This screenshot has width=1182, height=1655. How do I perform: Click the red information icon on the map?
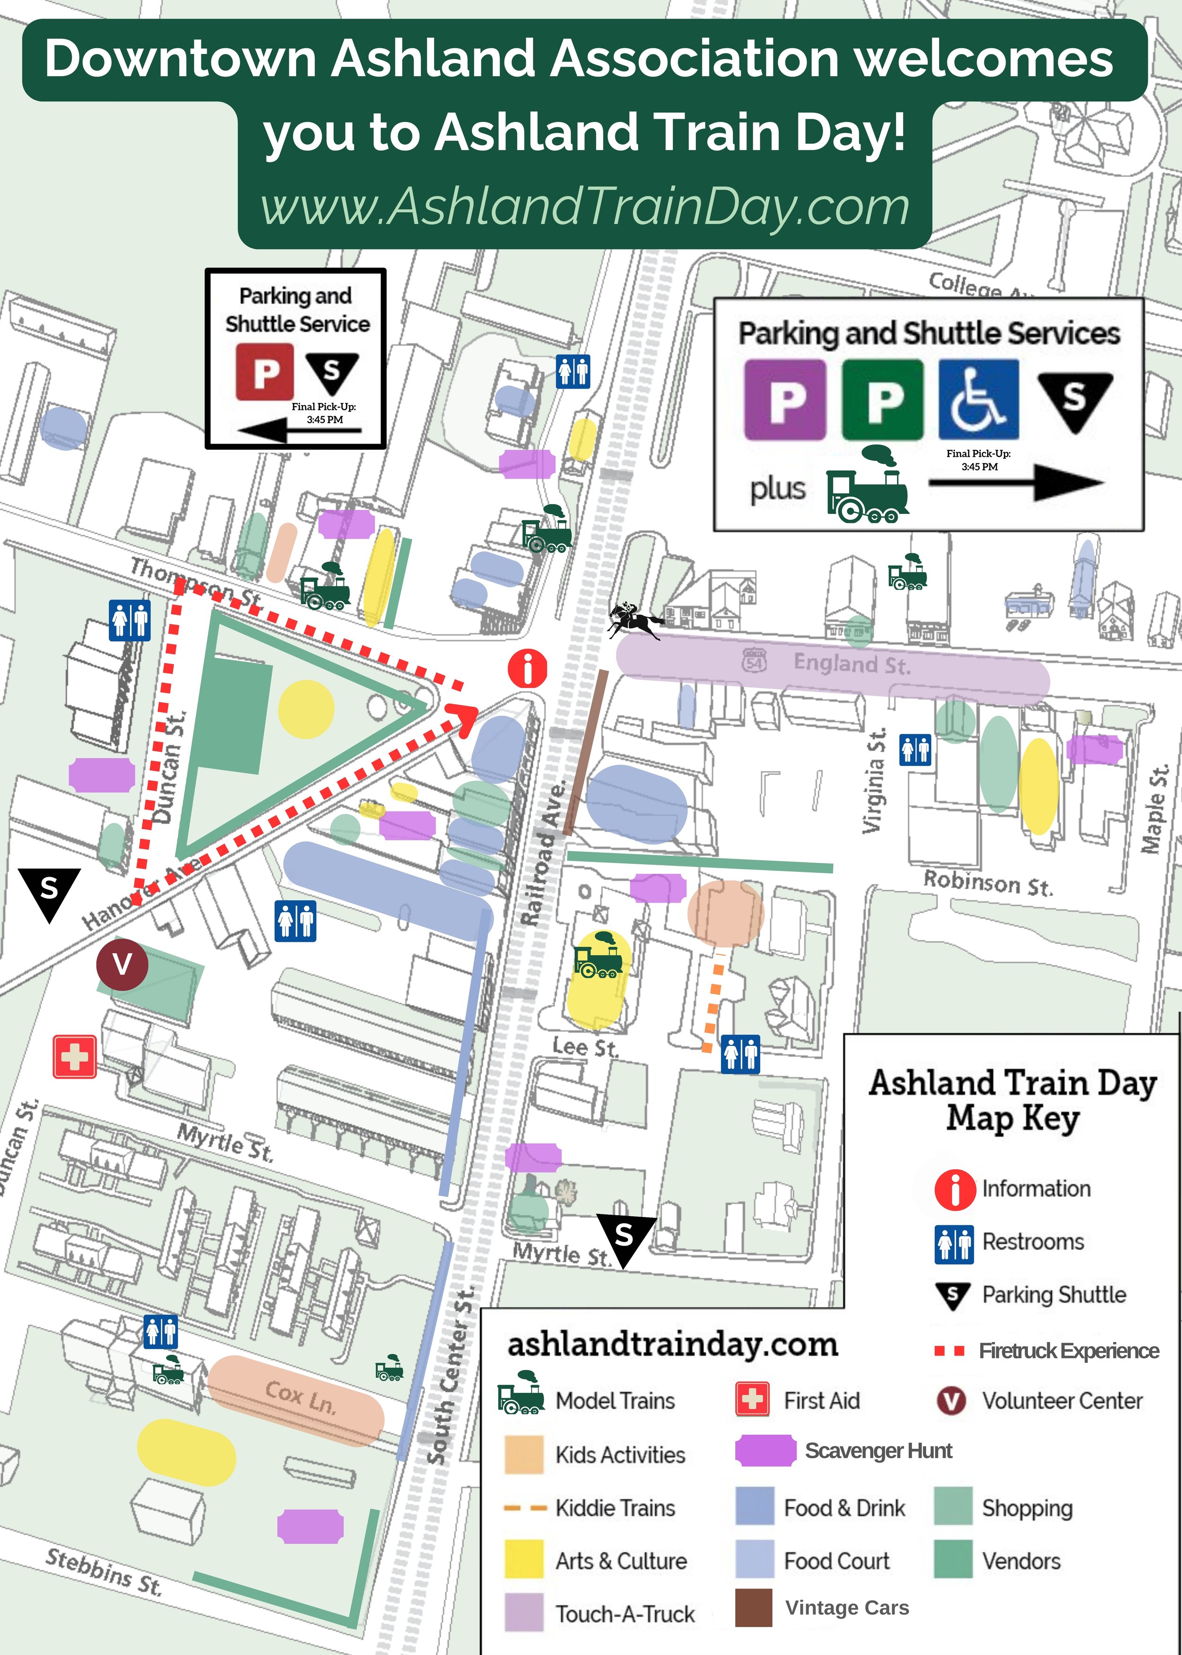point(528,668)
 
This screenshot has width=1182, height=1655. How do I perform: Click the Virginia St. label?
point(874,780)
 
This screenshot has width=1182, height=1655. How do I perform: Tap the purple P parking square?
point(784,400)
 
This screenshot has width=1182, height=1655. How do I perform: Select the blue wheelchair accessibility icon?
point(978,400)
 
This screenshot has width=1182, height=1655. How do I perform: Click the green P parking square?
point(882,400)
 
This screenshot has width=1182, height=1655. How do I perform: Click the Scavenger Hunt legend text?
point(878,1451)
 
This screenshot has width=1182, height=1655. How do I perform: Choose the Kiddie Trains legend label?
point(615,1507)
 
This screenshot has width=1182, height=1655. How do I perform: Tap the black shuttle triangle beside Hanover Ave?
point(48,891)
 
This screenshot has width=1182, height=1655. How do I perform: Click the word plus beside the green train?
point(777,488)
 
